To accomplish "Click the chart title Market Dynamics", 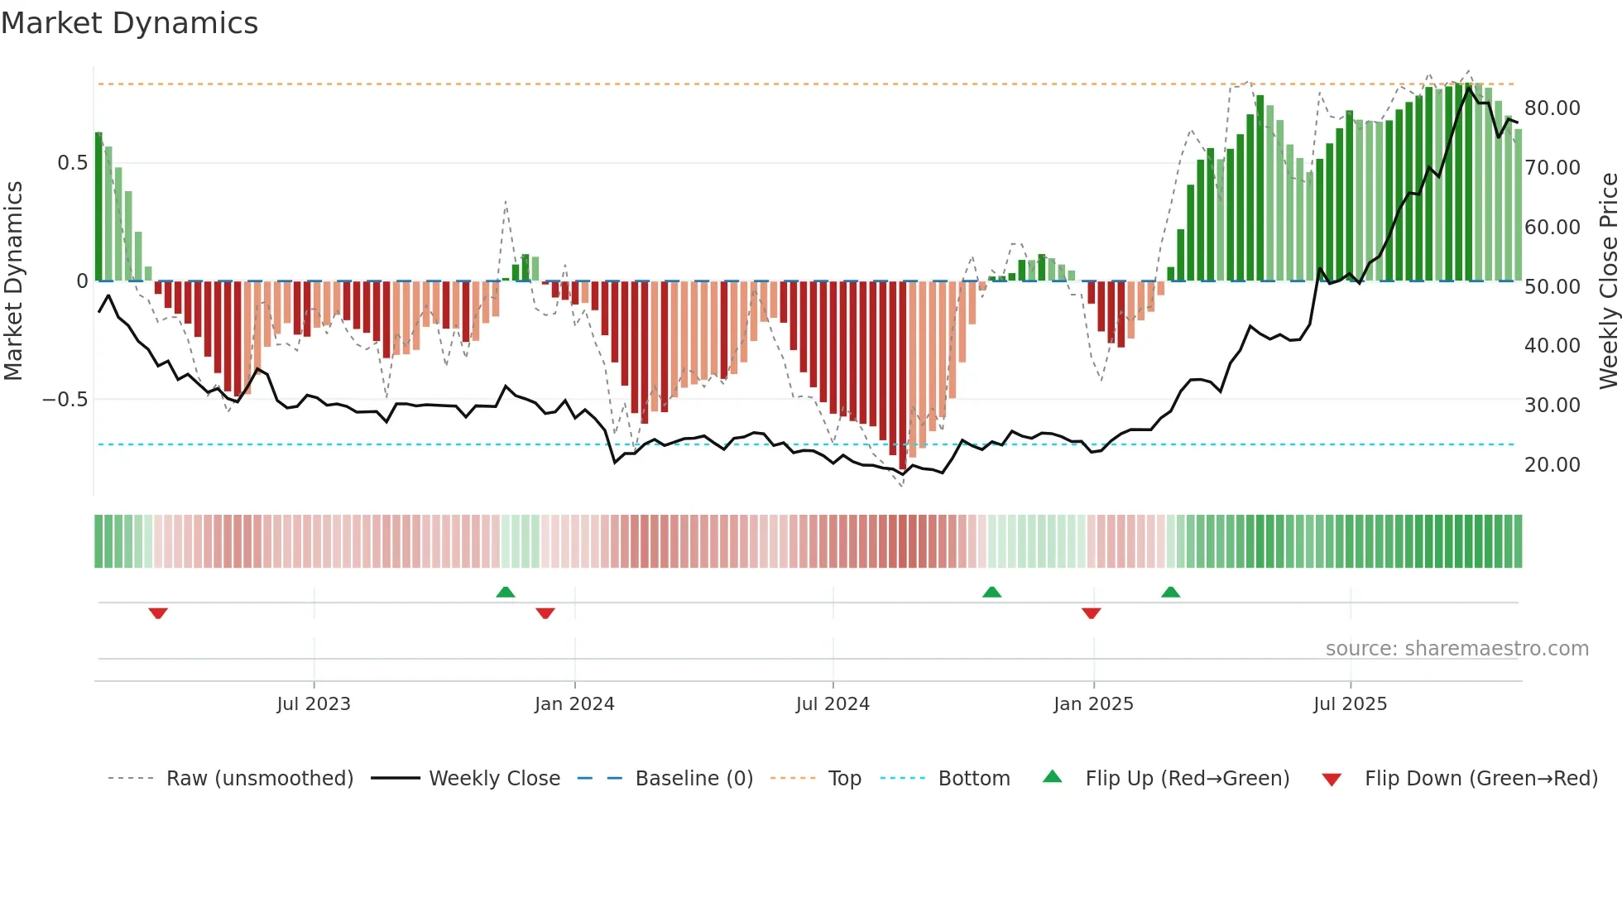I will [x=129, y=23].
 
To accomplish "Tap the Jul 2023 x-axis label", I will [x=314, y=704].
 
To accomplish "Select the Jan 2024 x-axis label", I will [x=574, y=704].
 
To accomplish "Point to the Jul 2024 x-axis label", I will [x=833, y=704].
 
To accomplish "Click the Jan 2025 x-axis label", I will [x=1093, y=704].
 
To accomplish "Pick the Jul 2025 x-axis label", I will [x=1350, y=704].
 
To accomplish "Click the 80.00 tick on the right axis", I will [x=1552, y=108].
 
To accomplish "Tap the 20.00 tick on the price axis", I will [x=1552, y=465].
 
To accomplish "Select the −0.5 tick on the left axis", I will [x=65, y=400].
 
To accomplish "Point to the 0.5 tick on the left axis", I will [x=73, y=163].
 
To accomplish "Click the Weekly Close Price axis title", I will [x=1608, y=281].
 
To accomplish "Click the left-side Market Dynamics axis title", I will [x=13, y=281].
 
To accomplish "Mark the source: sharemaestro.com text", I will [x=1456, y=649].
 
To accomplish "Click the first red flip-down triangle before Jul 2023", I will [x=158, y=613].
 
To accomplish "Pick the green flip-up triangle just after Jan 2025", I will [x=1170, y=592].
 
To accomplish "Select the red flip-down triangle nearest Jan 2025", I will [x=1091, y=613].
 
